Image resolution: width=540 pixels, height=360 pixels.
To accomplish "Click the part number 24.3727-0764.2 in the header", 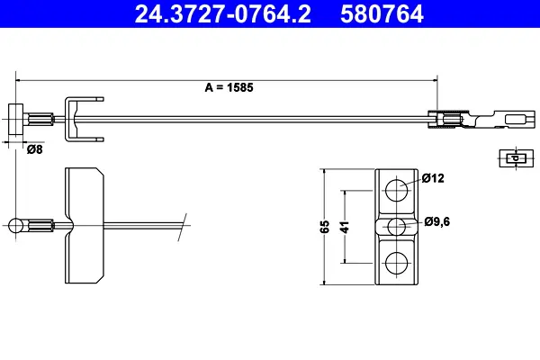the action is point(223,14).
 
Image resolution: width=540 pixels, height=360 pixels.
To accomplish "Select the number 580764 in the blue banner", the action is point(382,14).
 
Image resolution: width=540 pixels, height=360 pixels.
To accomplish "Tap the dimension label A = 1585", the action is point(229,87).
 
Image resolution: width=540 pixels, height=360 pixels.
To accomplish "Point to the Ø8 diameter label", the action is point(35,149).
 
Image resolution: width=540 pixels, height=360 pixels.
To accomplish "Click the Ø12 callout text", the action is point(433,178).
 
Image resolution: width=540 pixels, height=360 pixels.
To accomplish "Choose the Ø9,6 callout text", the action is point(437,221).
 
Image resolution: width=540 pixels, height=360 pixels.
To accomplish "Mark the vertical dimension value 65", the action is point(325,227).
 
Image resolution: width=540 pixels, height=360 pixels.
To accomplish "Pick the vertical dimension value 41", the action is point(345,227).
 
